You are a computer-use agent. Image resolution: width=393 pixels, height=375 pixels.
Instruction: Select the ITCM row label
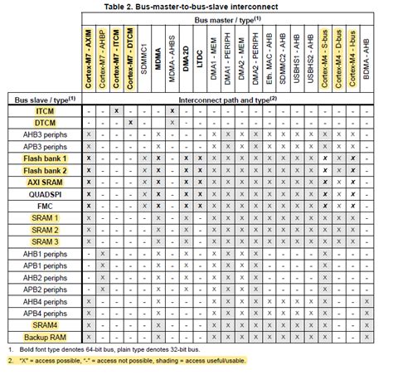click(x=46, y=110)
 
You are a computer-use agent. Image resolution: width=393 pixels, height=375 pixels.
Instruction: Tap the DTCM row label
click(x=46, y=122)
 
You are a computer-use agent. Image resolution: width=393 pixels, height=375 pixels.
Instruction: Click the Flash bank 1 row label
click(x=46, y=158)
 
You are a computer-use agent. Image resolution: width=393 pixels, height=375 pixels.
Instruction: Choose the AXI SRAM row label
click(x=46, y=181)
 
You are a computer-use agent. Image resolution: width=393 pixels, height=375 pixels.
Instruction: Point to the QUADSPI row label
click(x=46, y=192)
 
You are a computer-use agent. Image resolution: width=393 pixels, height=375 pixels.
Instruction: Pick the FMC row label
click(x=46, y=204)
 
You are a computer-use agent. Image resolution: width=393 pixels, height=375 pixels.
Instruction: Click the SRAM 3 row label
click(x=46, y=240)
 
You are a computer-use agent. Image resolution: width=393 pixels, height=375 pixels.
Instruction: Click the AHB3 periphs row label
click(x=46, y=134)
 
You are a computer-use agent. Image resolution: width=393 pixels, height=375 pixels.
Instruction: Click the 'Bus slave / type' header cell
click(x=46, y=98)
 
